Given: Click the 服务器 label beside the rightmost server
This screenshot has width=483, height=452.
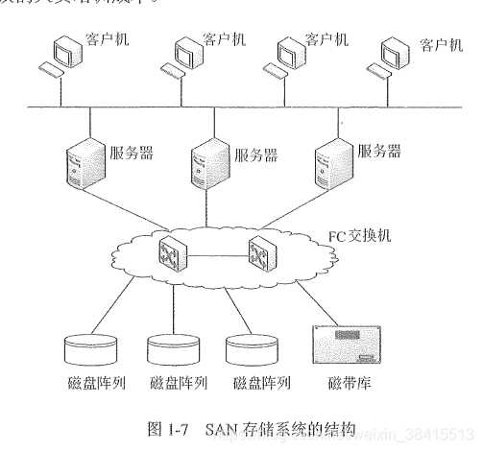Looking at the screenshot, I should click(x=377, y=150).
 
